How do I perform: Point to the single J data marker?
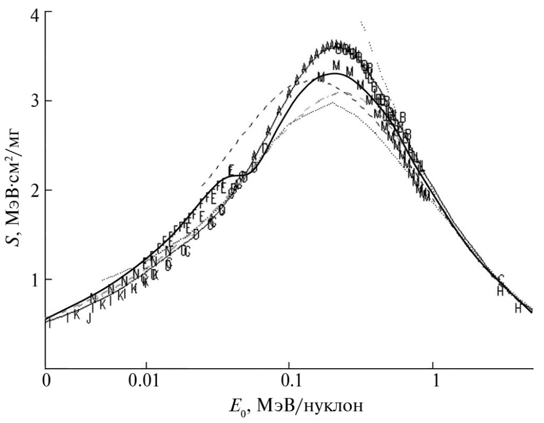click(89, 319)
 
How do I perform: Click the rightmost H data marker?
click(518, 309)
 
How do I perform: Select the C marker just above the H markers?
click(501, 278)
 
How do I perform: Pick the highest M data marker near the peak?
click(337, 65)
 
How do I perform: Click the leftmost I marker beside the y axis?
click(50, 324)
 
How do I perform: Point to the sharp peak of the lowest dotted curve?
click(333, 102)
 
